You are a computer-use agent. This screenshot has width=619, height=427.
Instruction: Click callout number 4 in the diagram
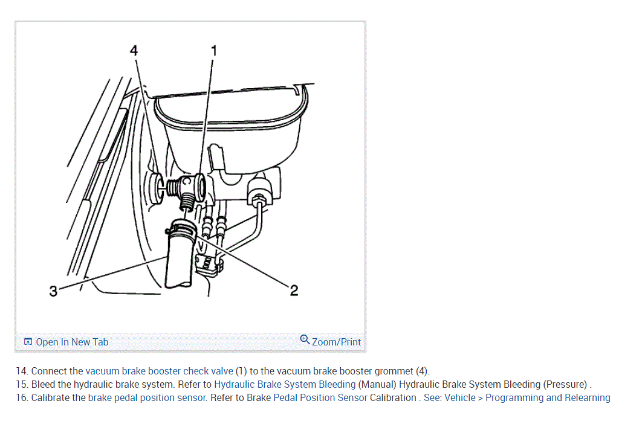click(x=134, y=51)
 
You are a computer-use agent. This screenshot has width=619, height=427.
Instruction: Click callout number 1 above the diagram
click(x=213, y=51)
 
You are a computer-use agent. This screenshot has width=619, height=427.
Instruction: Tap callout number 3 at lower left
click(x=54, y=292)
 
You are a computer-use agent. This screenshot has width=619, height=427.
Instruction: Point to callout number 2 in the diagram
click(x=294, y=291)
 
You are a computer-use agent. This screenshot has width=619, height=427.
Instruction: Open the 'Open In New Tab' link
click(x=72, y=342)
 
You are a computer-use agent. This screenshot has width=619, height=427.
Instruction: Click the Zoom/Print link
click(x=336, y=342)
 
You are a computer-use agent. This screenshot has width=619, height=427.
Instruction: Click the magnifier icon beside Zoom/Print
click(x=305, y=339)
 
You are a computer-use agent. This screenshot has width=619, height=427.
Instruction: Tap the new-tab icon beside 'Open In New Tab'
click(x=28, y=342)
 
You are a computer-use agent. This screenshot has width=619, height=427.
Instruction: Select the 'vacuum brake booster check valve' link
click(x=159, y=371)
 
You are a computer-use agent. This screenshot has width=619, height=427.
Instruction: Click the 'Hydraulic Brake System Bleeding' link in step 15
click(x=285, y=384)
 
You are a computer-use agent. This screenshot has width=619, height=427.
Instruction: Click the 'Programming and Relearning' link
click(x=548, y=397)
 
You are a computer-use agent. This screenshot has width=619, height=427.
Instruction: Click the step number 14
click(x=22, y=371)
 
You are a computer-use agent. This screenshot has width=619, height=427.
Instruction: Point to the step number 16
click(x=22, y=397)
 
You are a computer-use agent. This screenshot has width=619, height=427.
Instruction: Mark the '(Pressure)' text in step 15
click(x=565, y=384)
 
